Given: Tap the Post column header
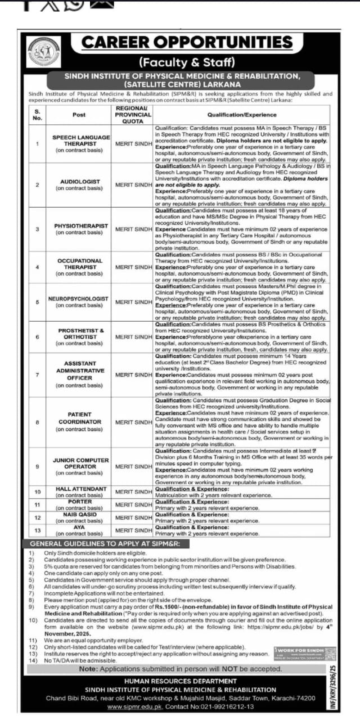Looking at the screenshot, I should [79, 114].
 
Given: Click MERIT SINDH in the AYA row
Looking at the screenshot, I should [134, 530].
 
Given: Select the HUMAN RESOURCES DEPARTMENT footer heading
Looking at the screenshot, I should [180, 682].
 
